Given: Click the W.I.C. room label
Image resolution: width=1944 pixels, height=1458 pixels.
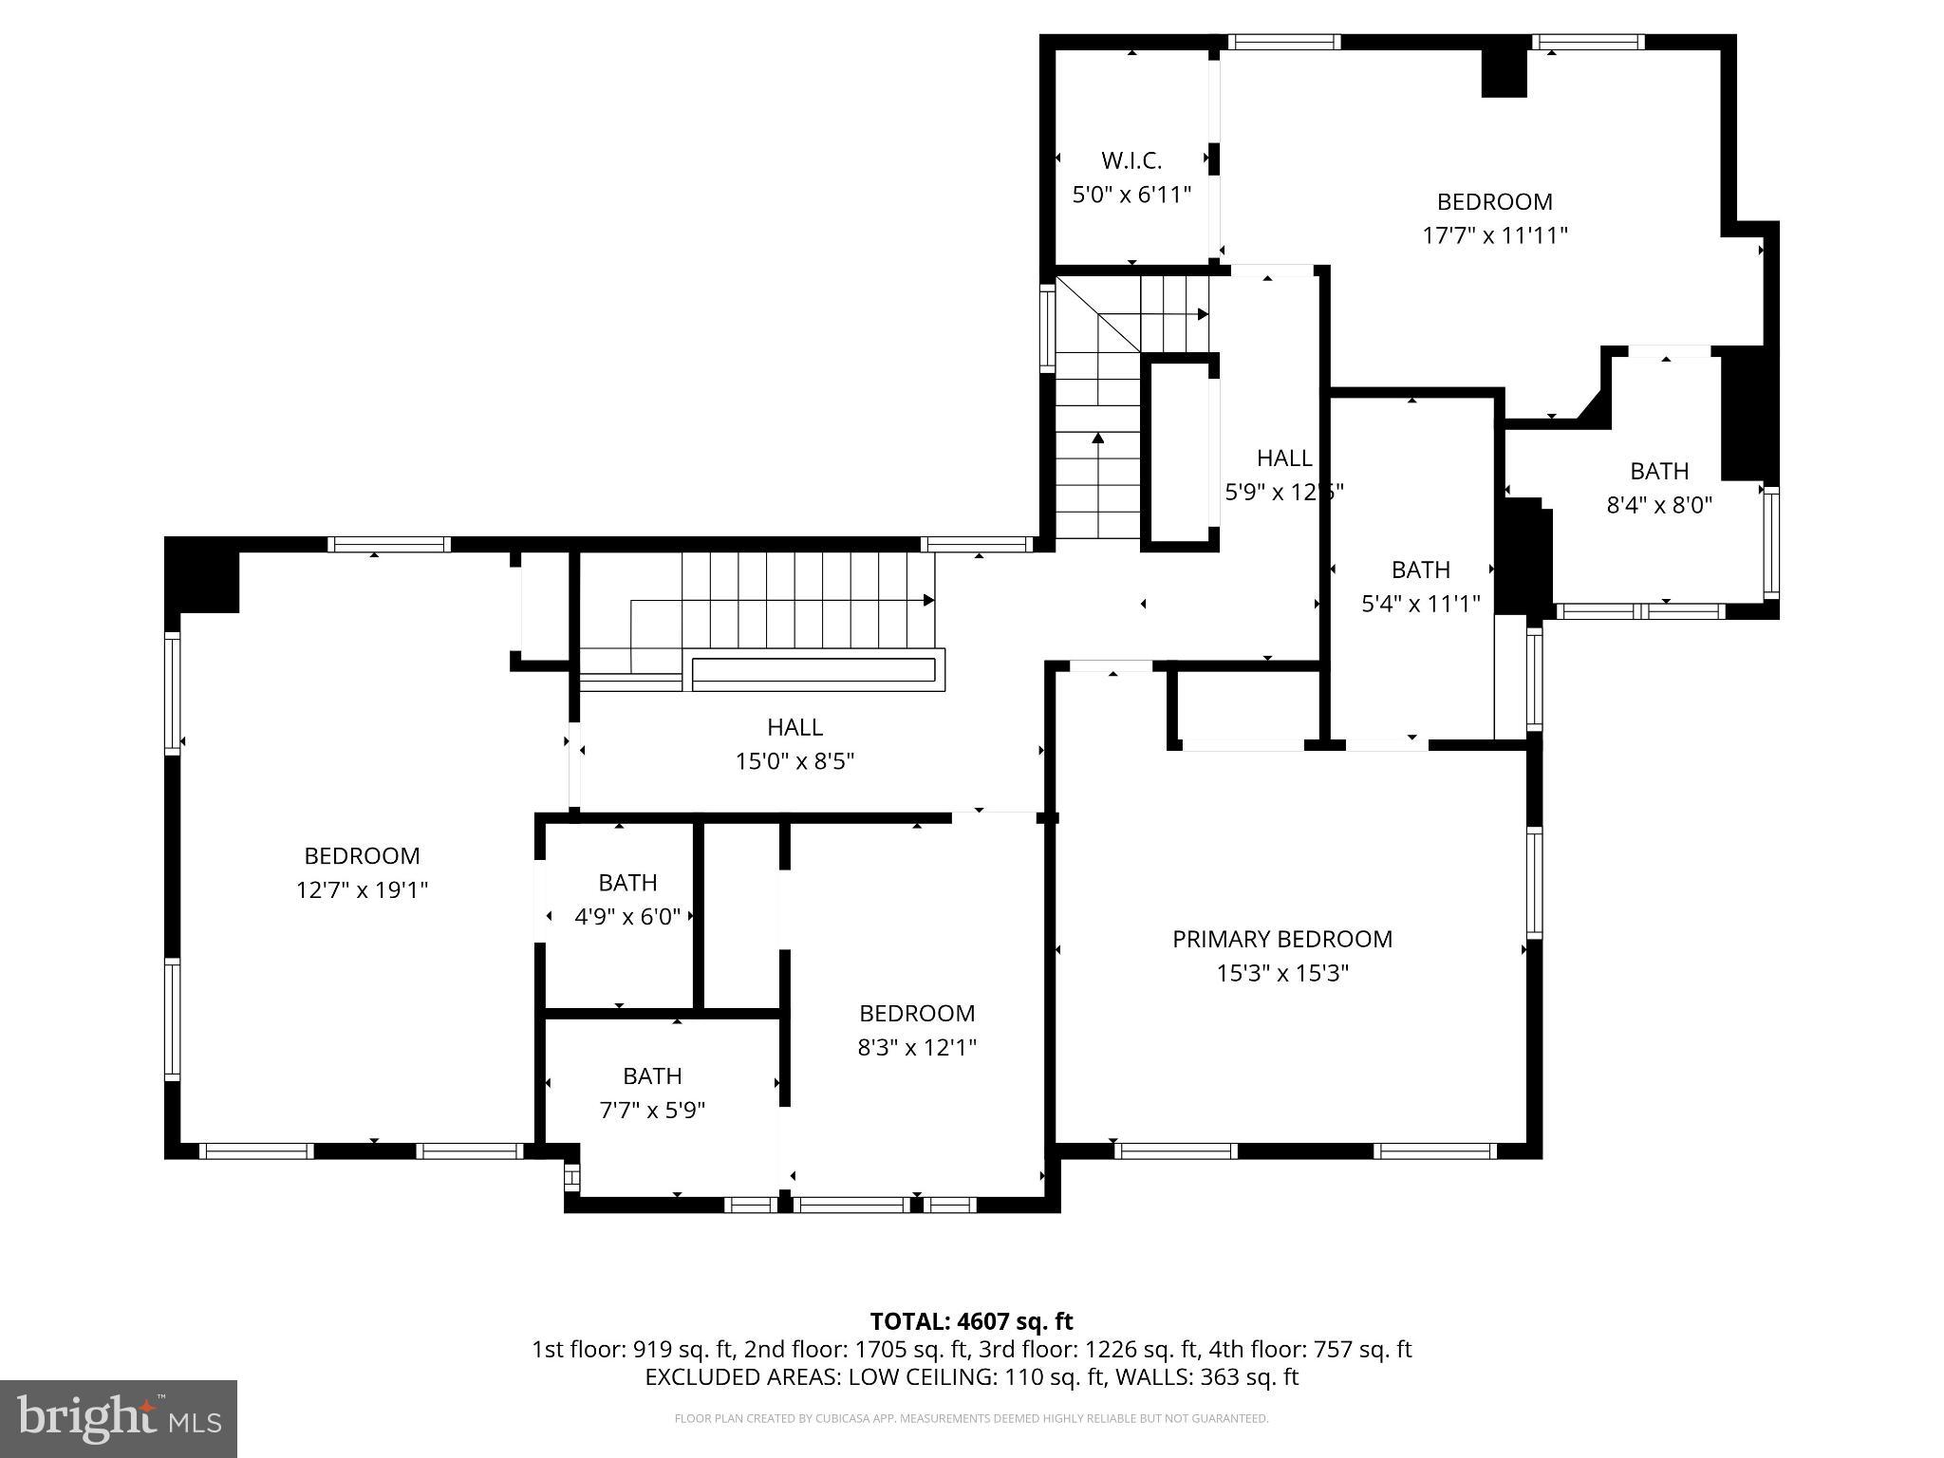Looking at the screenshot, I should (x=1131, y=160).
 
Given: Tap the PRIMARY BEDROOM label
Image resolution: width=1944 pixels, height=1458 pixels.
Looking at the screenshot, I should (x=1281, y=939).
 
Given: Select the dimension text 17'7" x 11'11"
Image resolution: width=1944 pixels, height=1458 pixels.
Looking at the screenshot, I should (x=1494, y=235).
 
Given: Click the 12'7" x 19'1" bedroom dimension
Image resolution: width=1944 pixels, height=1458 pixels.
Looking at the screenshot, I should (x=362, y=889).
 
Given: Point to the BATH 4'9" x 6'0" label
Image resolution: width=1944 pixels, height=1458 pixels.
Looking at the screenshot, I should (x=627, y=883).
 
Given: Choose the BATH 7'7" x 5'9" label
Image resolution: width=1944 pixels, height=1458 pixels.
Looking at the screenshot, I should (x=652, y=1075).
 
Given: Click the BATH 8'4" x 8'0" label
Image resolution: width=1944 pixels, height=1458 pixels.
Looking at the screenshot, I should (x=1658, y=471).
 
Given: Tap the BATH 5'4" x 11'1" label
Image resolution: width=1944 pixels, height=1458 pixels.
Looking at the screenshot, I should (x=1420, y=570).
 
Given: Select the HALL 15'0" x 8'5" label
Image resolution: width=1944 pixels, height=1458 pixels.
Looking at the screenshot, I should (x=794, y=727).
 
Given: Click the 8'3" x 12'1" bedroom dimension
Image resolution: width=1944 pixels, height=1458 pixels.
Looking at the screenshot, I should (x=916, y=1047).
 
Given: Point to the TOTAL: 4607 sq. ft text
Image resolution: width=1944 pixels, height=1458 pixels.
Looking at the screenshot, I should (x=971, y=1321).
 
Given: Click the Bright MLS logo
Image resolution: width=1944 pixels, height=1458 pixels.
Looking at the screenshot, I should (x=119, y=1418).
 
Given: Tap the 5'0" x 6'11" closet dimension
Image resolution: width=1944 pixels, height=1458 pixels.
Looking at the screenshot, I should (x=1131, y=195).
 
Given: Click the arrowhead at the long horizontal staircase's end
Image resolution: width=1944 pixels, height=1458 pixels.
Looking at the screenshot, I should (x=928, y=600).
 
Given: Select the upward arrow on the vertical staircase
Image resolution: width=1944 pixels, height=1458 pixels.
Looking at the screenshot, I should (x=1098, y=439).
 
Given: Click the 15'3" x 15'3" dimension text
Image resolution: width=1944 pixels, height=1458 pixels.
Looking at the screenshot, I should (x=1281, y=973).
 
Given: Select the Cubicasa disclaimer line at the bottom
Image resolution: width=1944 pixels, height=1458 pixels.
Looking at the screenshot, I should (x=971, y=1419).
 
